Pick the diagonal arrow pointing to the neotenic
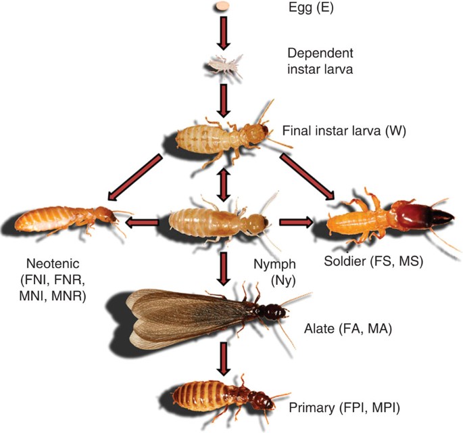coord(135,178)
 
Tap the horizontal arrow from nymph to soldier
coord(295,221)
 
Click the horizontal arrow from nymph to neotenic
coord(145,221)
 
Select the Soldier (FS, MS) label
coord(373,260)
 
